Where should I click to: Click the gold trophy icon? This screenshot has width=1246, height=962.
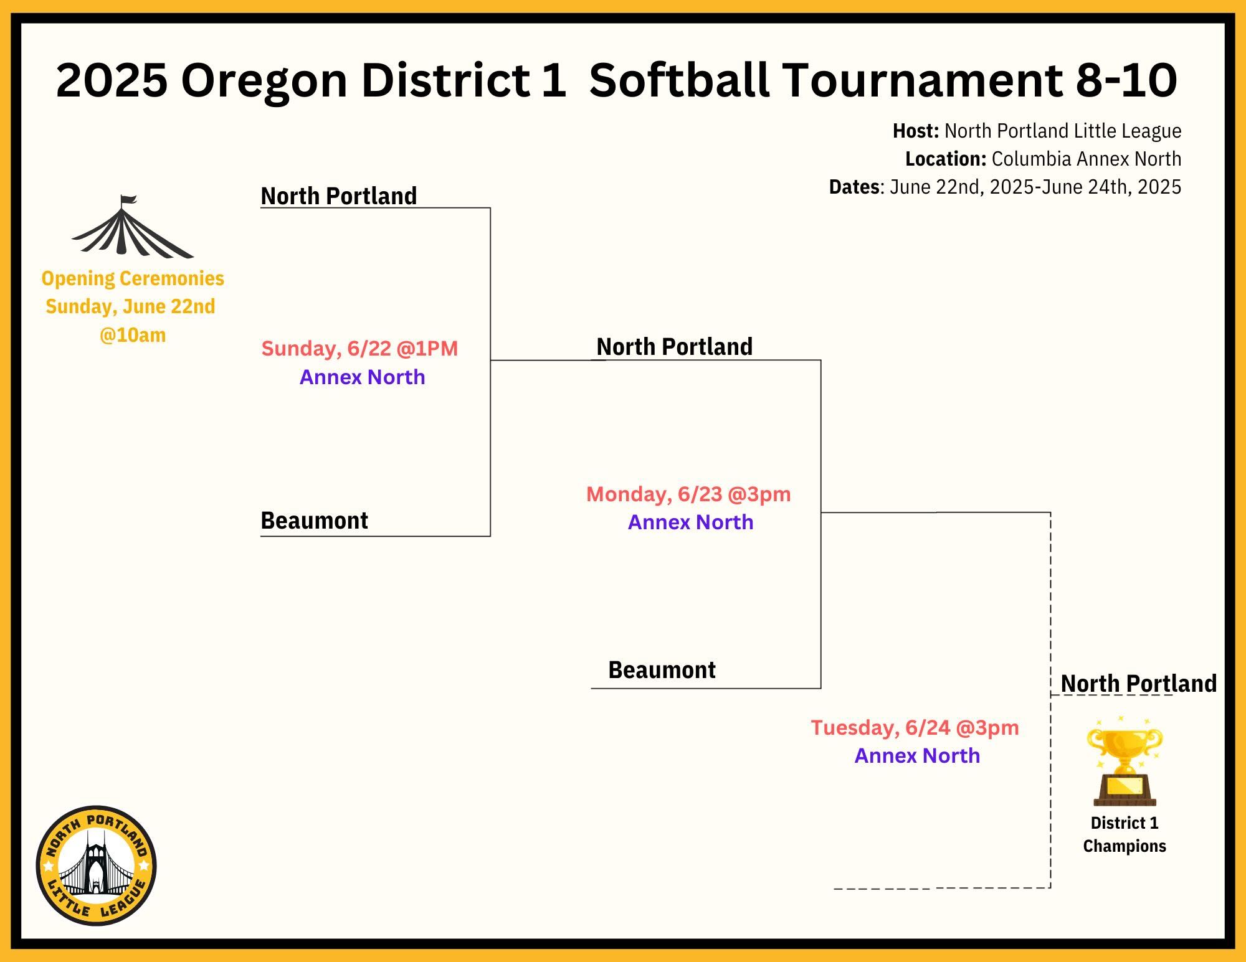(1125, 761)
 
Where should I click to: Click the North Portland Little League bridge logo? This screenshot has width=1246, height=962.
(97, 865)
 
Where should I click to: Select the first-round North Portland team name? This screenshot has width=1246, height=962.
(339, 196)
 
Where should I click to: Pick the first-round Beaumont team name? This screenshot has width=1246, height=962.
(314, 521)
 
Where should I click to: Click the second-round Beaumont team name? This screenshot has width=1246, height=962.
(662, 670)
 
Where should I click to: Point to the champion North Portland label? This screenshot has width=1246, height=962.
(1139, 683)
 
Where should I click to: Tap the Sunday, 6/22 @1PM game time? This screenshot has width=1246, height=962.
(359, 349)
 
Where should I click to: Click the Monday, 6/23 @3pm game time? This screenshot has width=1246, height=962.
(688, 494)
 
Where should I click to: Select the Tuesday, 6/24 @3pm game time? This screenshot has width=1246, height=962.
(915, 728)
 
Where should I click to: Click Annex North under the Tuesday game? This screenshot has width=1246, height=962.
(917, 756)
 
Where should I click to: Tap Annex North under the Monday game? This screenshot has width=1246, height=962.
(690, 522)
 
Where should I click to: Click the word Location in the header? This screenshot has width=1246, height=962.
(945, 159)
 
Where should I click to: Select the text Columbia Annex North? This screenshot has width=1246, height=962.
(1087, 159)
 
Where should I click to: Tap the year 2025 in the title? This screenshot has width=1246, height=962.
(112, 80)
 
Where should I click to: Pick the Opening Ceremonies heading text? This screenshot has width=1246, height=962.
(133, 278)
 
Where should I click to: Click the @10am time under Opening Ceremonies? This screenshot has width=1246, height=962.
(133, 335)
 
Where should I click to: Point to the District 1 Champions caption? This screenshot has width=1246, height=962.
(1125, 834)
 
